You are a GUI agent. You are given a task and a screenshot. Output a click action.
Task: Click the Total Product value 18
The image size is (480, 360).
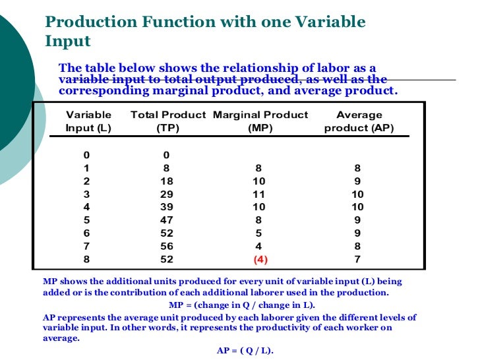pos(167,181)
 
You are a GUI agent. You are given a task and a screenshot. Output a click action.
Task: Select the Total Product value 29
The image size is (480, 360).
pos(167,194)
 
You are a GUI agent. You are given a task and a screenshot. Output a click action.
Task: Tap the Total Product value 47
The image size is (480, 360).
pos(167,220)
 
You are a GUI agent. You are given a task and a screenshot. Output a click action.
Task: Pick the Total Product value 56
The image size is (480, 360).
pos(167,246)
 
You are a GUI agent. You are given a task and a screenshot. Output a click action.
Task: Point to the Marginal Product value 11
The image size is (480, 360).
pos(260,194)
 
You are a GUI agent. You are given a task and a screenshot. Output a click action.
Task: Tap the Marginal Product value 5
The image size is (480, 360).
pos(260,233)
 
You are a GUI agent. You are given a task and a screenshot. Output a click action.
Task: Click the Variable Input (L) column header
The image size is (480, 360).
pos(88,121)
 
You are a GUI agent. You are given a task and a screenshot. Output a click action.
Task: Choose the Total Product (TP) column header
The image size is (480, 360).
pos(168,121)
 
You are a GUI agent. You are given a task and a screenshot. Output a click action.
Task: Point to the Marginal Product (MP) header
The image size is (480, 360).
pos(260,121)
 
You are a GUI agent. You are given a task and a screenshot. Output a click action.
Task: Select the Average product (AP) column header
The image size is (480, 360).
pos(359,121)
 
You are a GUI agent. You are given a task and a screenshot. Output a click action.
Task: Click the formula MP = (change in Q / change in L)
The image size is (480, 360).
pos(242,305)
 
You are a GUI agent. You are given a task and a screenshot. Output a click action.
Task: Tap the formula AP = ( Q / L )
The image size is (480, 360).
pos(245,351)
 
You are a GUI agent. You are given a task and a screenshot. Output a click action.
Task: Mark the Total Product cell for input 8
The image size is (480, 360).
pos(167,259)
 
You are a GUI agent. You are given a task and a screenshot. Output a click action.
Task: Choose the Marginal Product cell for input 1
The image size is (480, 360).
pos(260,167)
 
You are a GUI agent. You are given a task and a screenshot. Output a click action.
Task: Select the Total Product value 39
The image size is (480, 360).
pos(167,207)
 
